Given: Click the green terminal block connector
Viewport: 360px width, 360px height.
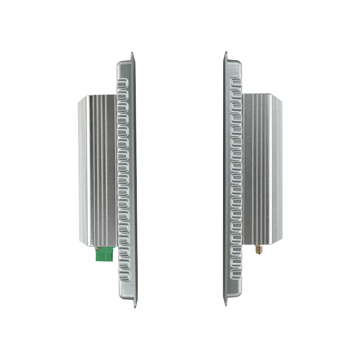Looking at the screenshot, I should pyautogui.click(x=105, y=255).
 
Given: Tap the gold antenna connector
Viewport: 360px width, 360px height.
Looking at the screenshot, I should pyautogui.click(x=259, y=249).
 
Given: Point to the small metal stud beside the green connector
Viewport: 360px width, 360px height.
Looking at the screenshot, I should pyautogui.click(x=96, y=247).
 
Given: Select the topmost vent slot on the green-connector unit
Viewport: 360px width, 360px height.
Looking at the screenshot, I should pyautogui.click(x=123, y=84).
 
